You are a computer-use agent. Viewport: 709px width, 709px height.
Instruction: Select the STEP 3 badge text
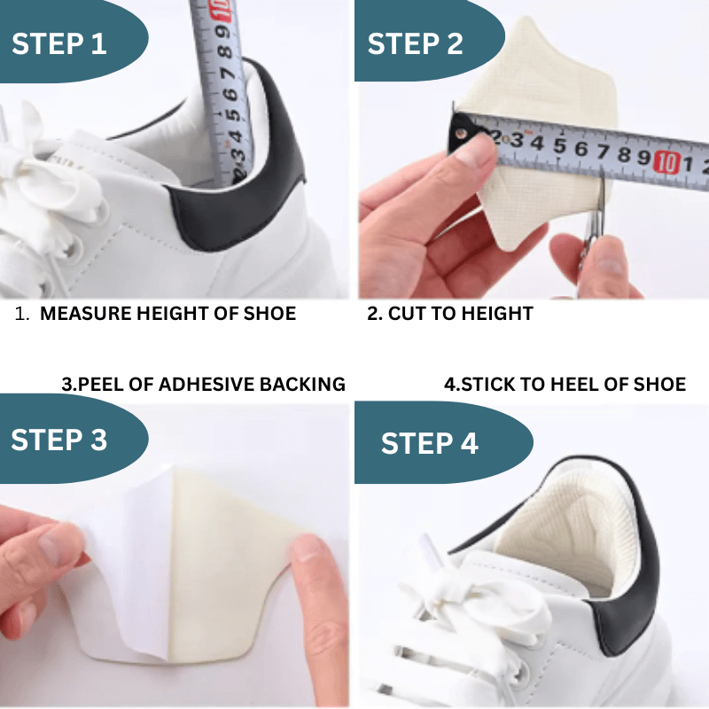pyautogui.click(x=59, y=440)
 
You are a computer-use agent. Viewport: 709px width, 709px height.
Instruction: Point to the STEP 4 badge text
pyautogui.click(x=429, y=443)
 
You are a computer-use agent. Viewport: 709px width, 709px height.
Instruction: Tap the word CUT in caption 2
pyautogui.click(x=406, y=314)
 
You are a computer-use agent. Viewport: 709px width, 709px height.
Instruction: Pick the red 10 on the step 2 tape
pyautogui.click(x=666, y=161)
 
